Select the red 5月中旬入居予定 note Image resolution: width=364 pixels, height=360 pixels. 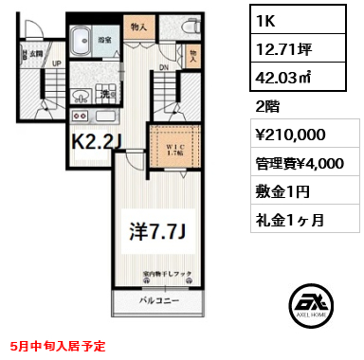[x=63, y=348]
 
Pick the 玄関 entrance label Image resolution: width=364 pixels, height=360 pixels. [x=35, y=54]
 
